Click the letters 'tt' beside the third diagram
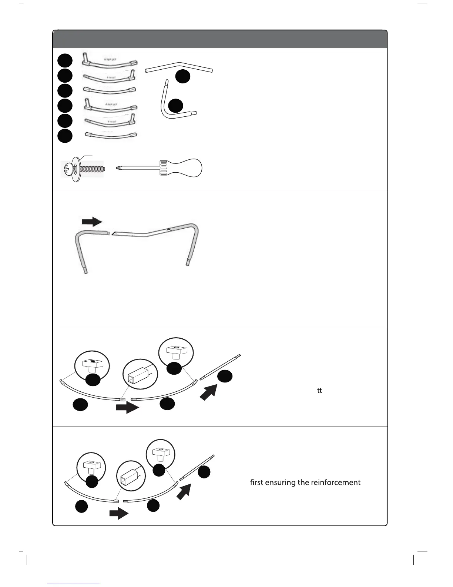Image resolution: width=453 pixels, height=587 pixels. point(319,391)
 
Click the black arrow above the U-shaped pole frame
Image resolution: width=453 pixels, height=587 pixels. point(91,222)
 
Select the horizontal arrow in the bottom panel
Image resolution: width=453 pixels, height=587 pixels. point(118,514)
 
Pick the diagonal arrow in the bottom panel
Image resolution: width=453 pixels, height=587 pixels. point(184,492)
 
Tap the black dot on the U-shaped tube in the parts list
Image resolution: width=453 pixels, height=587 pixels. point(175,106)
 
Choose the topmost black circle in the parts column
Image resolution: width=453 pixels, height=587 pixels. point(65,60)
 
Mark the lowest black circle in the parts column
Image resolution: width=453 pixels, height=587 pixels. point(65,136)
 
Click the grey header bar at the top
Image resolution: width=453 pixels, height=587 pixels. point(220,39)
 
